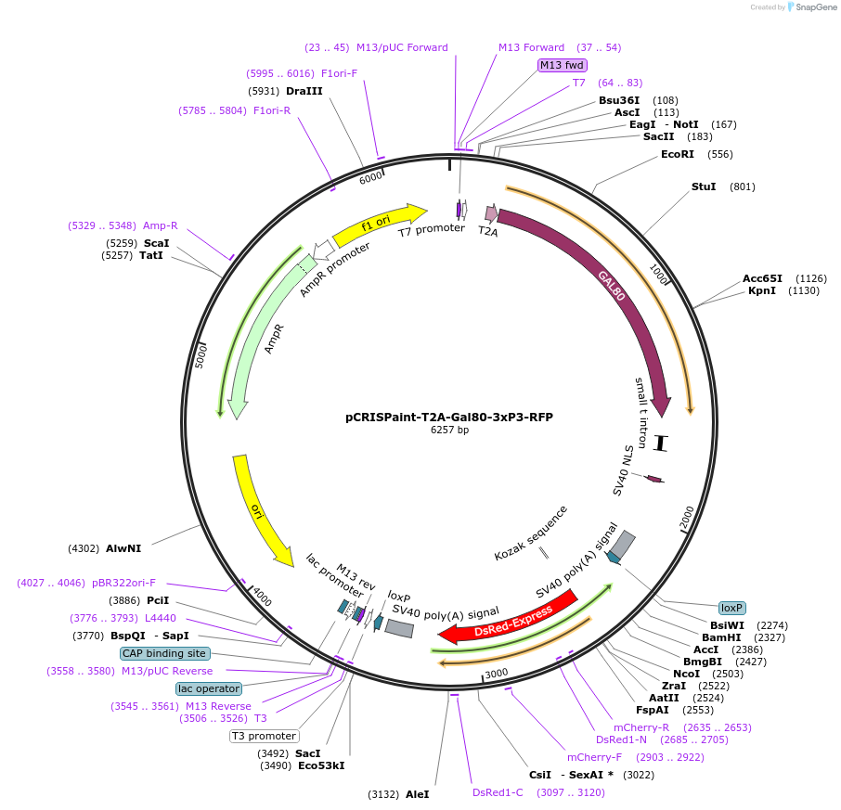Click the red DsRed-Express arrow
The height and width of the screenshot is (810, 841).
[501, 622]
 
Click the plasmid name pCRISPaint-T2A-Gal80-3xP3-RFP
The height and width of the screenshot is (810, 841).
[449, 418]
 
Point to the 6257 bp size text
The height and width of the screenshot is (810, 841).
[449, 431]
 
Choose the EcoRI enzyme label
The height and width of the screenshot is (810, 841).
[677, 154]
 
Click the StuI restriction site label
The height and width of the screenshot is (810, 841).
[704, 186]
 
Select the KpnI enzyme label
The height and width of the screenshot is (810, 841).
[762, 290]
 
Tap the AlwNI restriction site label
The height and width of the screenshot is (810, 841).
[123, 548]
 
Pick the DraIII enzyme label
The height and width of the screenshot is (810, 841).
[304, 91]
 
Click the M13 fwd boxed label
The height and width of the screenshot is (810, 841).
[563, 65]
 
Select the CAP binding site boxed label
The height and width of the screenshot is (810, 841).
[164, 653]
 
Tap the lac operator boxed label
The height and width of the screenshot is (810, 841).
[209, 688]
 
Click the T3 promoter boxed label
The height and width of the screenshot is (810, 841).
[265, 736]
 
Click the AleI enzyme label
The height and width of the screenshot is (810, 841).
[418, 794]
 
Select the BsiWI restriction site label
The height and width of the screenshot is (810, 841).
[727, 625]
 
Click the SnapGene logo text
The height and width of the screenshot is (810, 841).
[814, 7]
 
